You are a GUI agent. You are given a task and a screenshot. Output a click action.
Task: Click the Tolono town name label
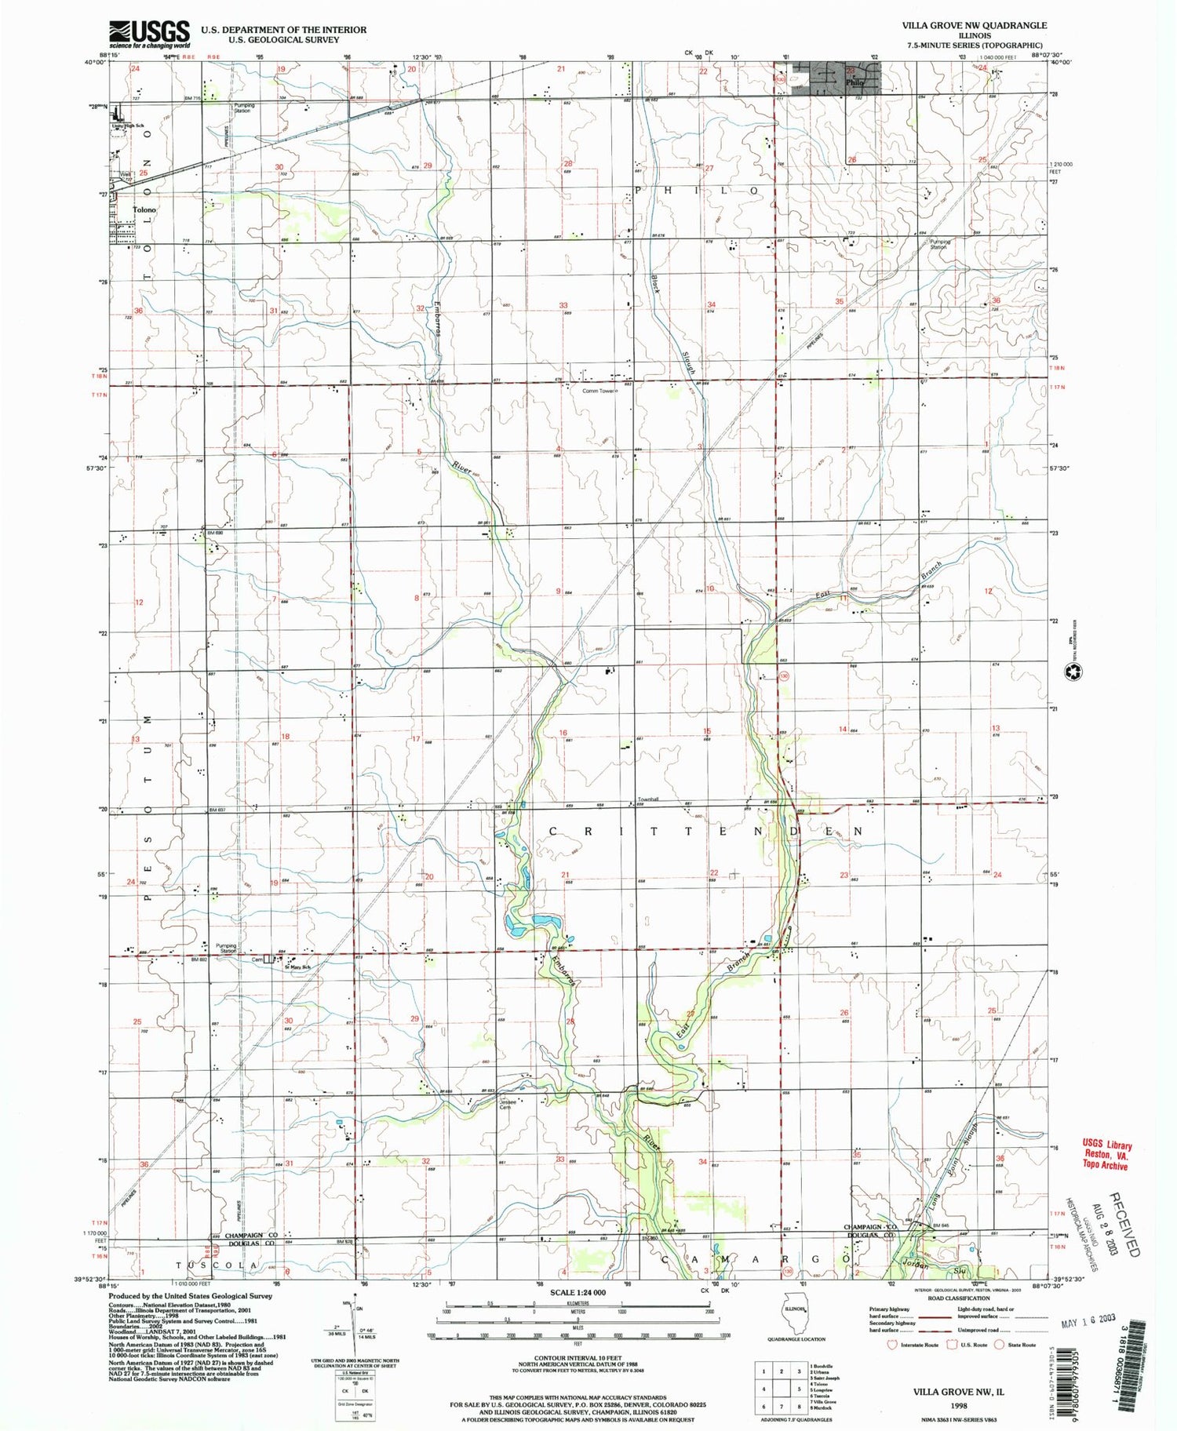click(x=144, y=210)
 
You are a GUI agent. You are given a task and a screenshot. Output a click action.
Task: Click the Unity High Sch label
click(x=128, y=126)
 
